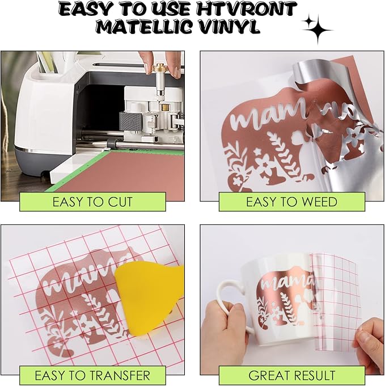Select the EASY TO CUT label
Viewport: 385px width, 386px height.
(92, 202)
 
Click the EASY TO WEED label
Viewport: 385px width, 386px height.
(291, 202)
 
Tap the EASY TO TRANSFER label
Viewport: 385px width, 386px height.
(92, 375)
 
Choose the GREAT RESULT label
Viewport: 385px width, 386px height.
(291, 375)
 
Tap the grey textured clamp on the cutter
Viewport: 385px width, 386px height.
(130, 121)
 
